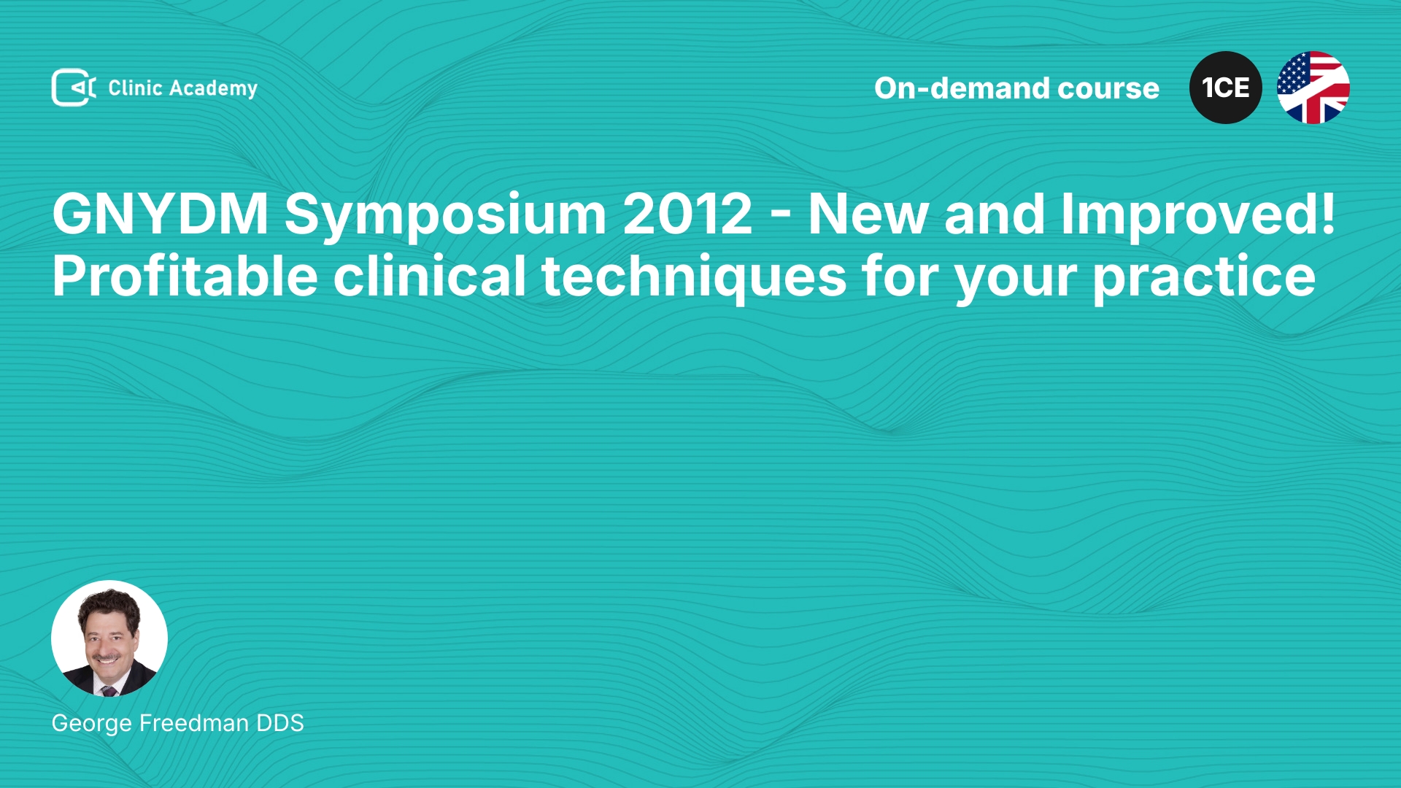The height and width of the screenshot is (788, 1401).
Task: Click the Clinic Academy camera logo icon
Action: [x=74, y=88]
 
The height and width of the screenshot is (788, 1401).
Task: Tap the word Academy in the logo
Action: [x=213, y=89]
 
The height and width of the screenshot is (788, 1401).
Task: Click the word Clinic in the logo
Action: [x=135, y=88]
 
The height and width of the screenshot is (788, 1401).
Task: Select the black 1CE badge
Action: [x=1226, y=88]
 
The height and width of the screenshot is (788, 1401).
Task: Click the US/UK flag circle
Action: [x=1313, y=88]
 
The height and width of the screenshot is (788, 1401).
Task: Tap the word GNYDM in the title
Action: [x=161, y=214]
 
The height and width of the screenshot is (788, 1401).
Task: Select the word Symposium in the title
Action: [x=445, y=216]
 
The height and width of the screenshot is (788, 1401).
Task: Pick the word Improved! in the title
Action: [x=1198, y=216]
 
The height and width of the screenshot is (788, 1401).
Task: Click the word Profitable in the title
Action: [x=185, y=276]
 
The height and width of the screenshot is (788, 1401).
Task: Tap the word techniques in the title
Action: [x=694, y=278]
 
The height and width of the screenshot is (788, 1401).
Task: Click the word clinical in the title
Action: [x=430, y=275]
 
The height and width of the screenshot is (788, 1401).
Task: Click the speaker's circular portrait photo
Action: [x=109, y=638]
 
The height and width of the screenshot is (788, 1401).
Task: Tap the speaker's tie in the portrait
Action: [x=109, y=689]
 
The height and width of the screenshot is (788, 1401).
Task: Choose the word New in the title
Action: [x=868, y=214]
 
